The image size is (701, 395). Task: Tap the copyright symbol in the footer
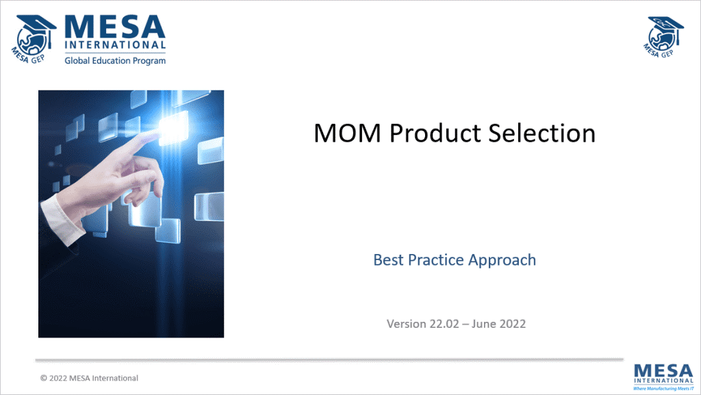44,378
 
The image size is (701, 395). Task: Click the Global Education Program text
115,61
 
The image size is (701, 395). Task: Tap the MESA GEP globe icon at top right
665,34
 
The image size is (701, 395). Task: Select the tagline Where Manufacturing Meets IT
663,388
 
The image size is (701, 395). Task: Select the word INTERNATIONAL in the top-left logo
115,47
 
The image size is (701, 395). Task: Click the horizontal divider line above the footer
329,359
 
